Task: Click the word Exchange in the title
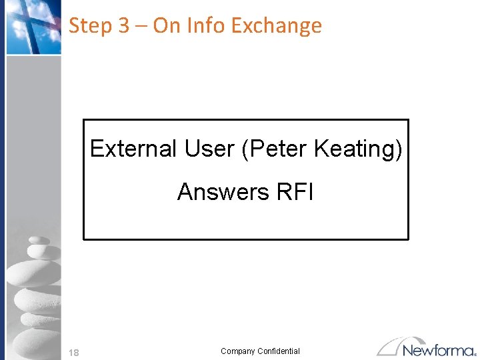click(277, 26)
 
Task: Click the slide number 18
click(74, 353)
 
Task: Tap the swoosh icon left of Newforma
click(393, 346)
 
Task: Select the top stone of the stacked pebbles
click(39, 241)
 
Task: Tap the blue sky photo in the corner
click(33, 27)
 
